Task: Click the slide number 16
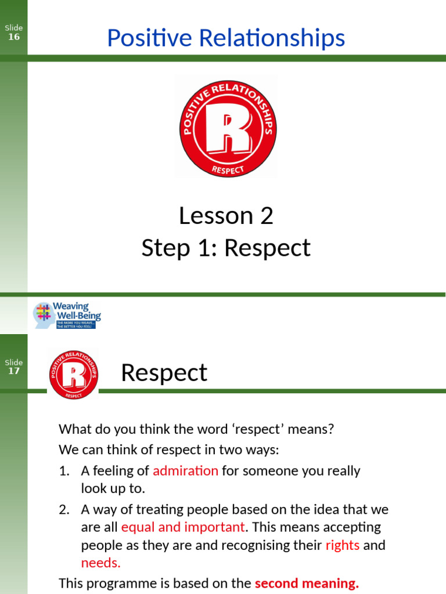pos(13,37)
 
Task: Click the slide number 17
pos(13,371)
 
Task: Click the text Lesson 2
pos(226,216)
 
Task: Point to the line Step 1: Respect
pos(226,248)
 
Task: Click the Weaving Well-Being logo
pos(67,315)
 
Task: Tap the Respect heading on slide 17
pos(164,373)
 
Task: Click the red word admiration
pos(185,470)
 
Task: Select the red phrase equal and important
pos(183,527)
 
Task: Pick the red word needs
pos(100,563)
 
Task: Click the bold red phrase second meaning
pos(307,584)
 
